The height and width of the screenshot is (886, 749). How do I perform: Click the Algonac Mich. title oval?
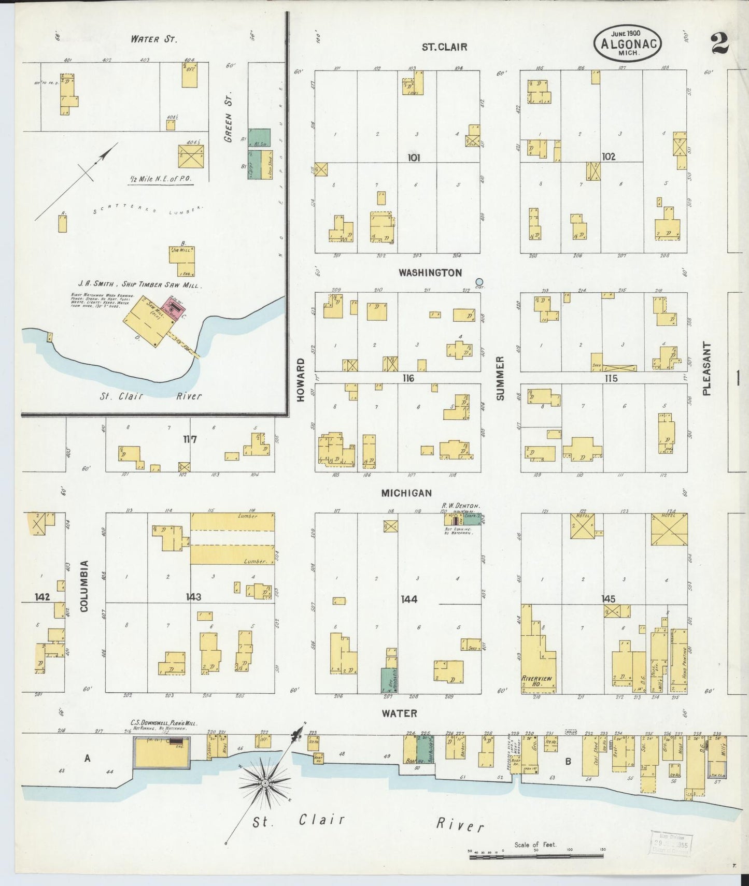click(628, 43)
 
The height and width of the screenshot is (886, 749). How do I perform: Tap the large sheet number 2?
click(720, 44)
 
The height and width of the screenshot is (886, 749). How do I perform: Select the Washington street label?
click(430, 273)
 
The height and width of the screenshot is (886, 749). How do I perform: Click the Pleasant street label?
click(707, 368)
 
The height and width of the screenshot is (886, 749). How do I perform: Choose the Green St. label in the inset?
click(228, 118)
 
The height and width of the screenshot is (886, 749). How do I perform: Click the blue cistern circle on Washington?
click(479, 282)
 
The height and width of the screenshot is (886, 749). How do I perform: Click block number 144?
click(408, 599)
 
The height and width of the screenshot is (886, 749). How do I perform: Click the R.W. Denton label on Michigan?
click(460, 505)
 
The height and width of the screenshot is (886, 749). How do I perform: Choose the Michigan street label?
click(406, 493)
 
